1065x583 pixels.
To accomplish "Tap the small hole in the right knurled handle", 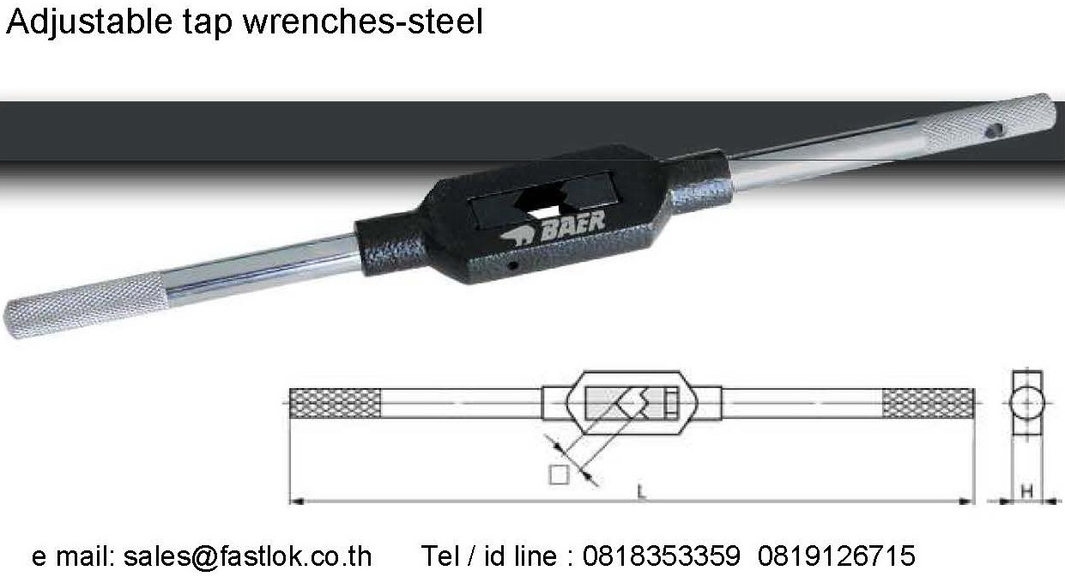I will click(995, 131).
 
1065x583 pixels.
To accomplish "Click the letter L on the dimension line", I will click(641, 491).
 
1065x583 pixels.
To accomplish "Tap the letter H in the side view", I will click(1026, 491).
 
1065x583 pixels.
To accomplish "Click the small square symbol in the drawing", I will click(559, 474).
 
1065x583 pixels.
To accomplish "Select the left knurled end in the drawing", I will click(336, 403).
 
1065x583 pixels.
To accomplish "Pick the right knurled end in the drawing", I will click(929, 403).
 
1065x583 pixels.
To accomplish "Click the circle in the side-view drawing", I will click(1026, 403).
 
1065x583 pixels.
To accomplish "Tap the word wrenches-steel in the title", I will click(363, 23).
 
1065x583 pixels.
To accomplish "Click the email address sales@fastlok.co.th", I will click(247, 556).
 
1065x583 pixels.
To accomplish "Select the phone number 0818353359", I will click(661, 556).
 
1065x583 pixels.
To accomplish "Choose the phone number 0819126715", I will click(837, 556).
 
